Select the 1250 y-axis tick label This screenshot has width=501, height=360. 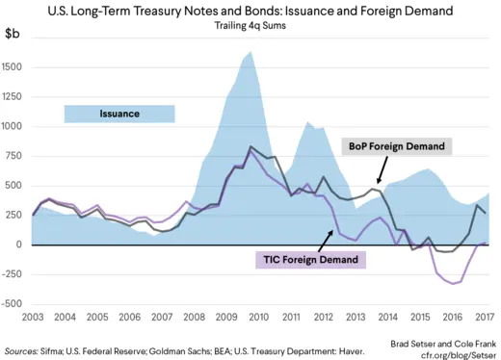[13, 97]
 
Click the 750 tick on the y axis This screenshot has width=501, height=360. [15, 156]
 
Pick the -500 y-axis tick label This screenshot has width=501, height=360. [13, 303]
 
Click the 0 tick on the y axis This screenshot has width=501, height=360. [21, 244]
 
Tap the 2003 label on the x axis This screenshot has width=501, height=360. [32, 317]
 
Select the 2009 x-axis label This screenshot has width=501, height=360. [227, 317]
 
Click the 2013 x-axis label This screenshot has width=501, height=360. [357, 317]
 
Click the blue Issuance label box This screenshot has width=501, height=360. [119, 114]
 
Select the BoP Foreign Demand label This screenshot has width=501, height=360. [396, 146]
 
